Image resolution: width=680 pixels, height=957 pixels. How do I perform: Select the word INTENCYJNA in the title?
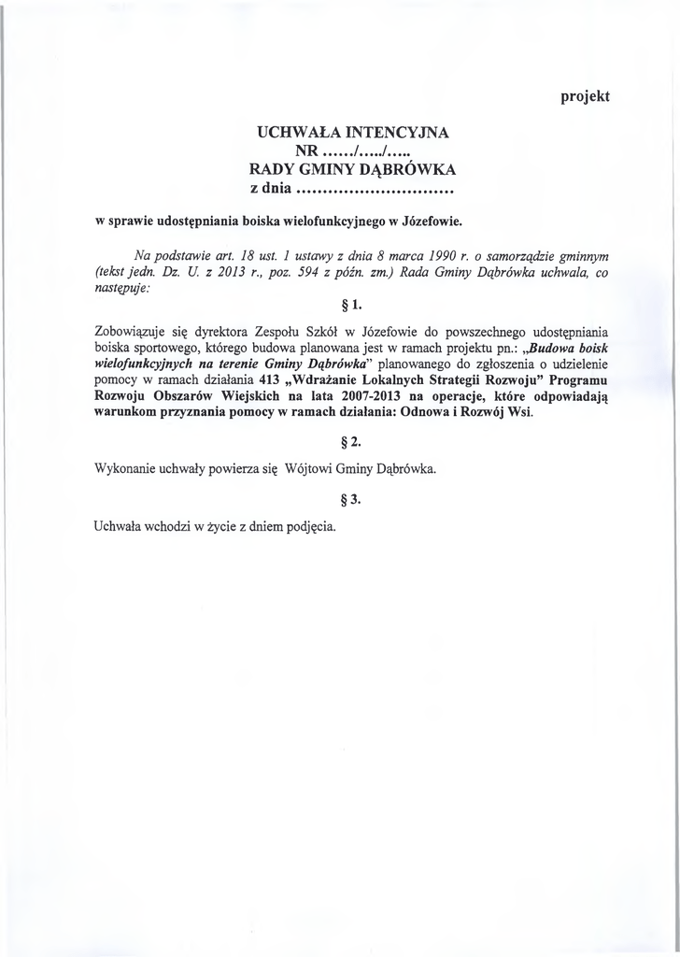(x=394, y=134)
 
